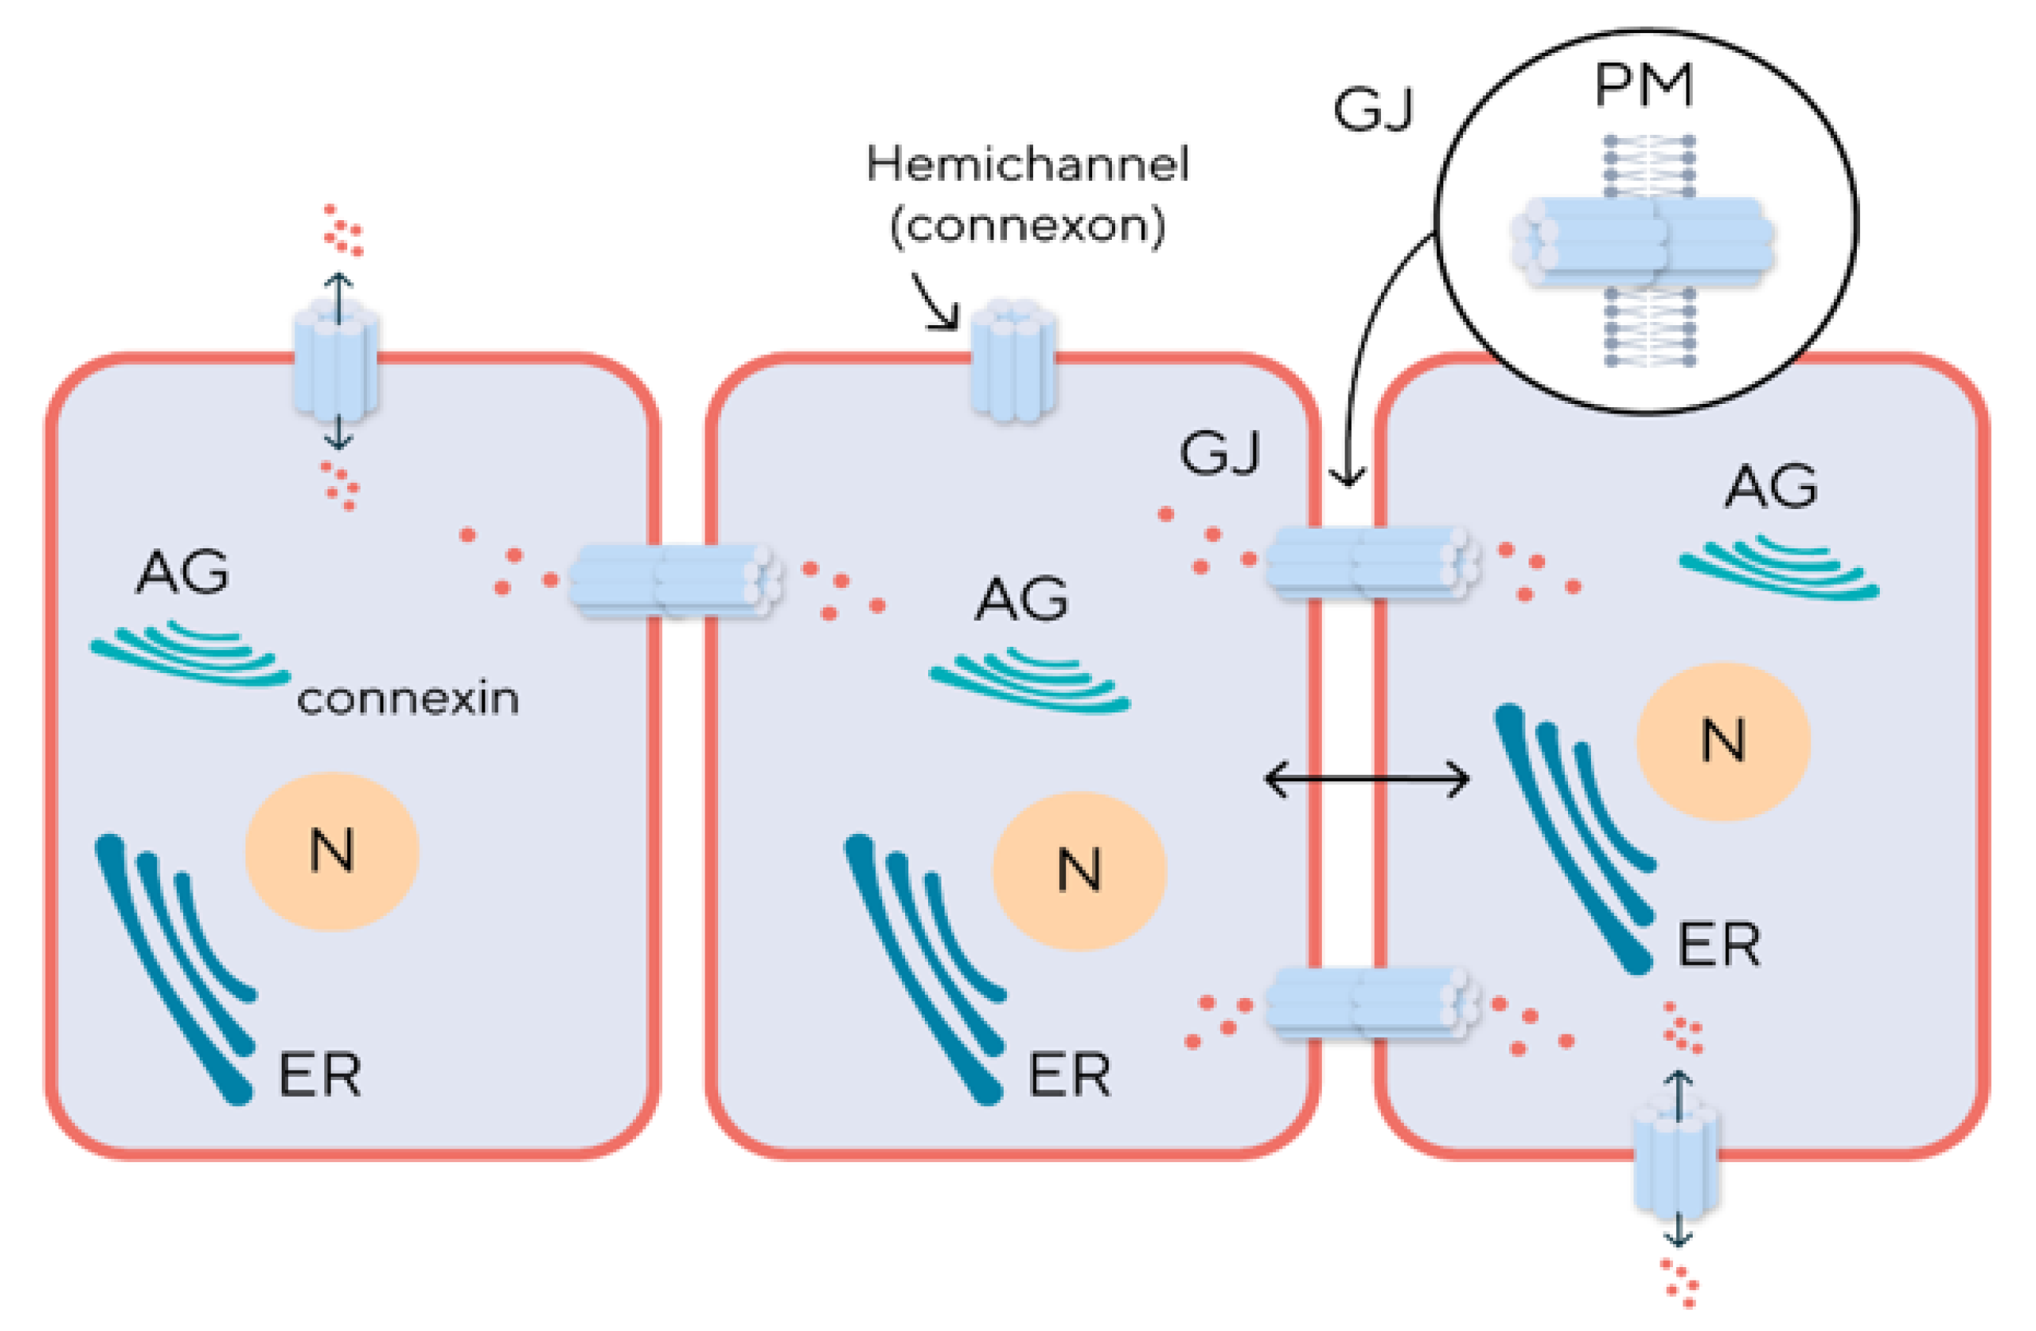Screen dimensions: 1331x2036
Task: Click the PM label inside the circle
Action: [1642, 88]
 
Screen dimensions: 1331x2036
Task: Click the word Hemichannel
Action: [1027, 164]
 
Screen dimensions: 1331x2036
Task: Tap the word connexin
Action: [407, 700]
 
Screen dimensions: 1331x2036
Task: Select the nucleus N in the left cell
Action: [332, 851]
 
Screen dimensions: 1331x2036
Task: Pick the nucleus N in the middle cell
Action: [1079, 871]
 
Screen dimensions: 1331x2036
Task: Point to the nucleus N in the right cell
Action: [1723, 741]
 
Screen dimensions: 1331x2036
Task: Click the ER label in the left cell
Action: [319, 1075]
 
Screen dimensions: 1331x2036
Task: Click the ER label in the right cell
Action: [1718, 945]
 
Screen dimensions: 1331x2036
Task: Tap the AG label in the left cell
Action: [182, 572]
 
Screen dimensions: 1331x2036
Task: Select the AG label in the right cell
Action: [1770, 487]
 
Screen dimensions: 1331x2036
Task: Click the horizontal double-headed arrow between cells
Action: [1366, 780]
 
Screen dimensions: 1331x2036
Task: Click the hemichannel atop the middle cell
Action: [1012, 361]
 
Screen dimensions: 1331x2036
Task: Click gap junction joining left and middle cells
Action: [675, 580]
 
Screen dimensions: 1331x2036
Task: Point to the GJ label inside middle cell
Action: [1219, 454]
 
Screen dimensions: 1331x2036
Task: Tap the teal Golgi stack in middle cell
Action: [1030, 682]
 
